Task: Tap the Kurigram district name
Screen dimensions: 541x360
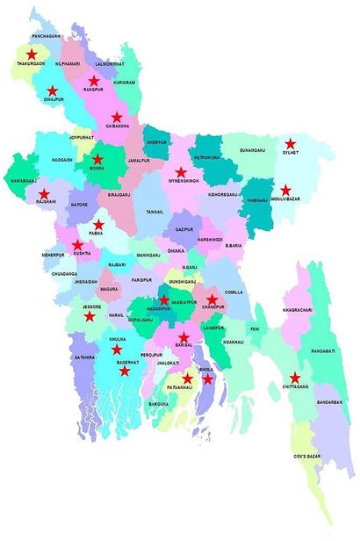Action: (x=125, y=82)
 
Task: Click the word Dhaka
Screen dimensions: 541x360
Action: (x=176, y=250)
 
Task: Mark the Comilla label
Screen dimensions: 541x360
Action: (x=234, y=292)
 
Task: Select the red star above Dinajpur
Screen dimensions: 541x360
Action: (x=52, y=90)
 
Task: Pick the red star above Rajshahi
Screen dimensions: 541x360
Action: (x=43, y=193)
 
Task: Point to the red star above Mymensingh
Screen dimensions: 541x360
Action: (x=181, y=172)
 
